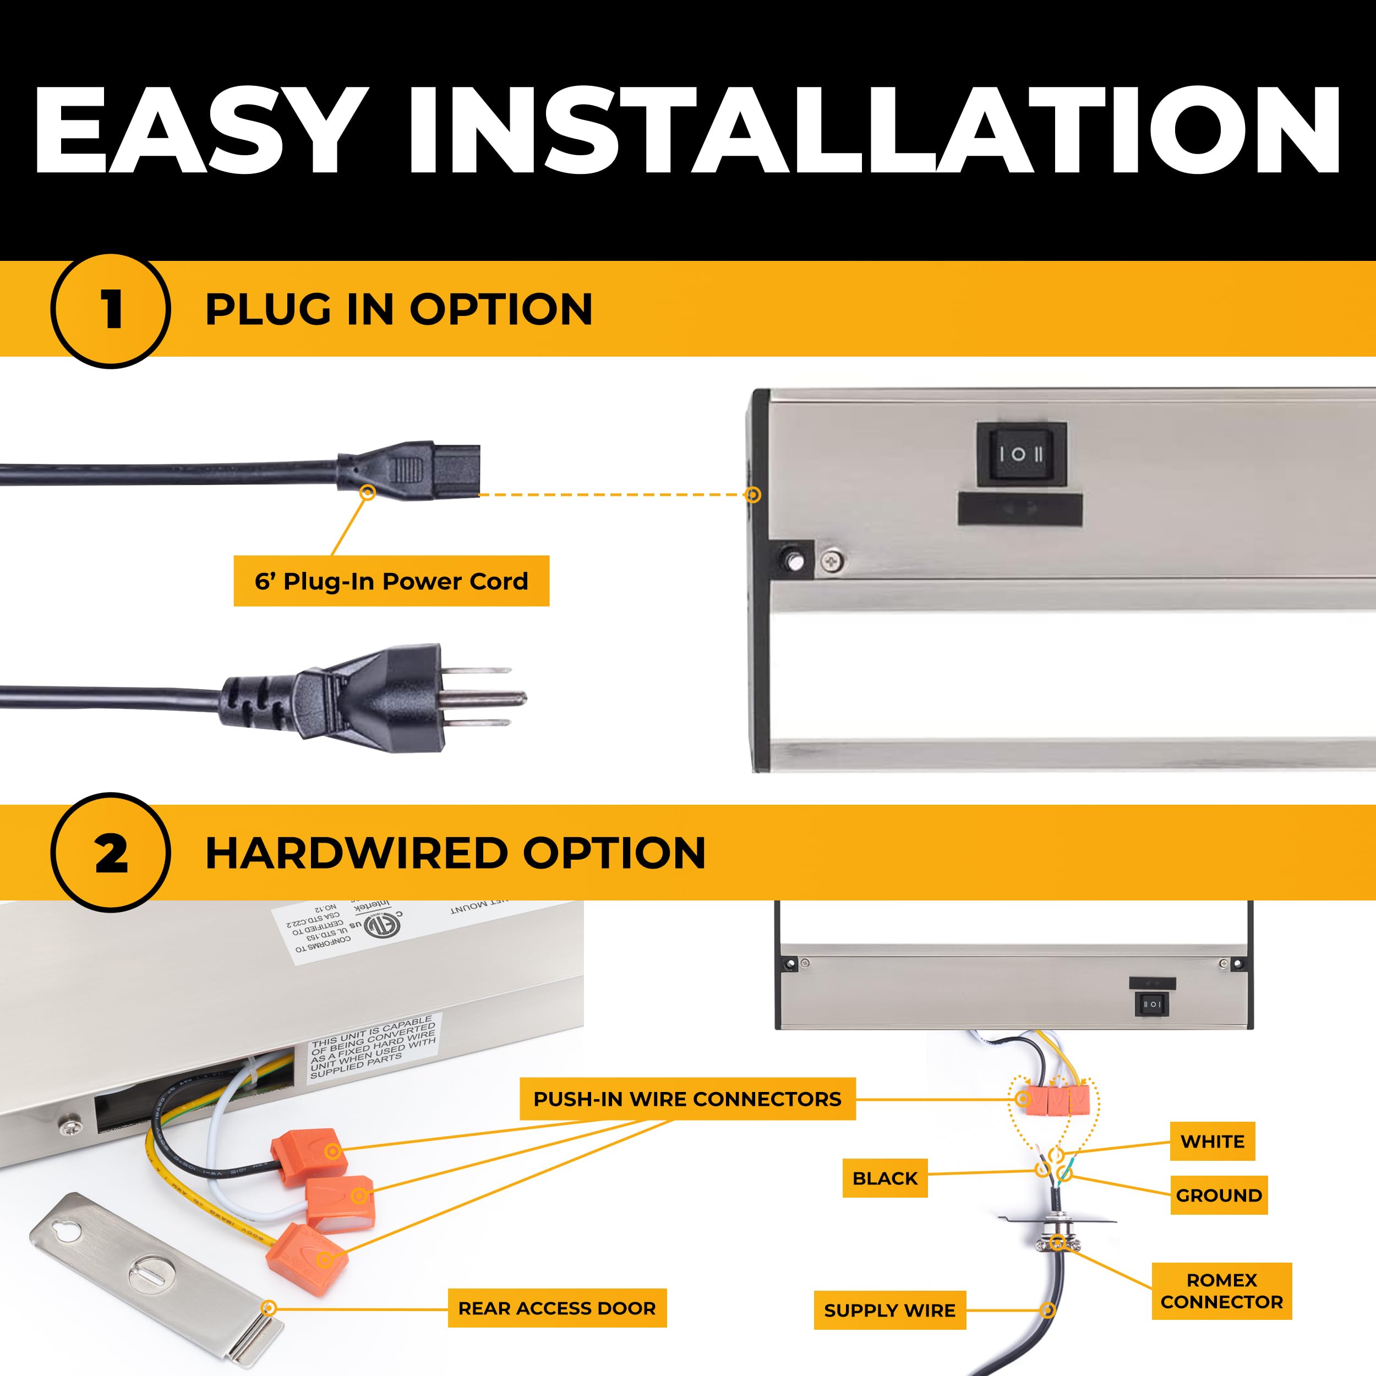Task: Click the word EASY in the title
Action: coord(199,130)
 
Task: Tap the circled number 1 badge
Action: coord(111,310)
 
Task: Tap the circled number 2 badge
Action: coord(111,853)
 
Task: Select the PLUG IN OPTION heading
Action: coord(399,310)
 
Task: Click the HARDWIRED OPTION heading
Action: coord(455,853)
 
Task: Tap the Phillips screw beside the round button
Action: coord(831,561)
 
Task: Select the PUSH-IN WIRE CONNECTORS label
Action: coord(687,1099)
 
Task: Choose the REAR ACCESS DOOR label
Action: coord(557,1308)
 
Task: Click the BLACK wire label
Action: coord(884,1178)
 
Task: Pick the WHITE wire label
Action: coord(1212,1141)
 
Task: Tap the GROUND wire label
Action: coord(1219,1195)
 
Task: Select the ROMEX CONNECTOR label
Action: coord(1221,1291)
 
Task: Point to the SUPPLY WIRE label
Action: coord(889,1310)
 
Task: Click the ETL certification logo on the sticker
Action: coord(382,925)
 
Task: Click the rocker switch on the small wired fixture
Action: coord(1151,1003)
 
